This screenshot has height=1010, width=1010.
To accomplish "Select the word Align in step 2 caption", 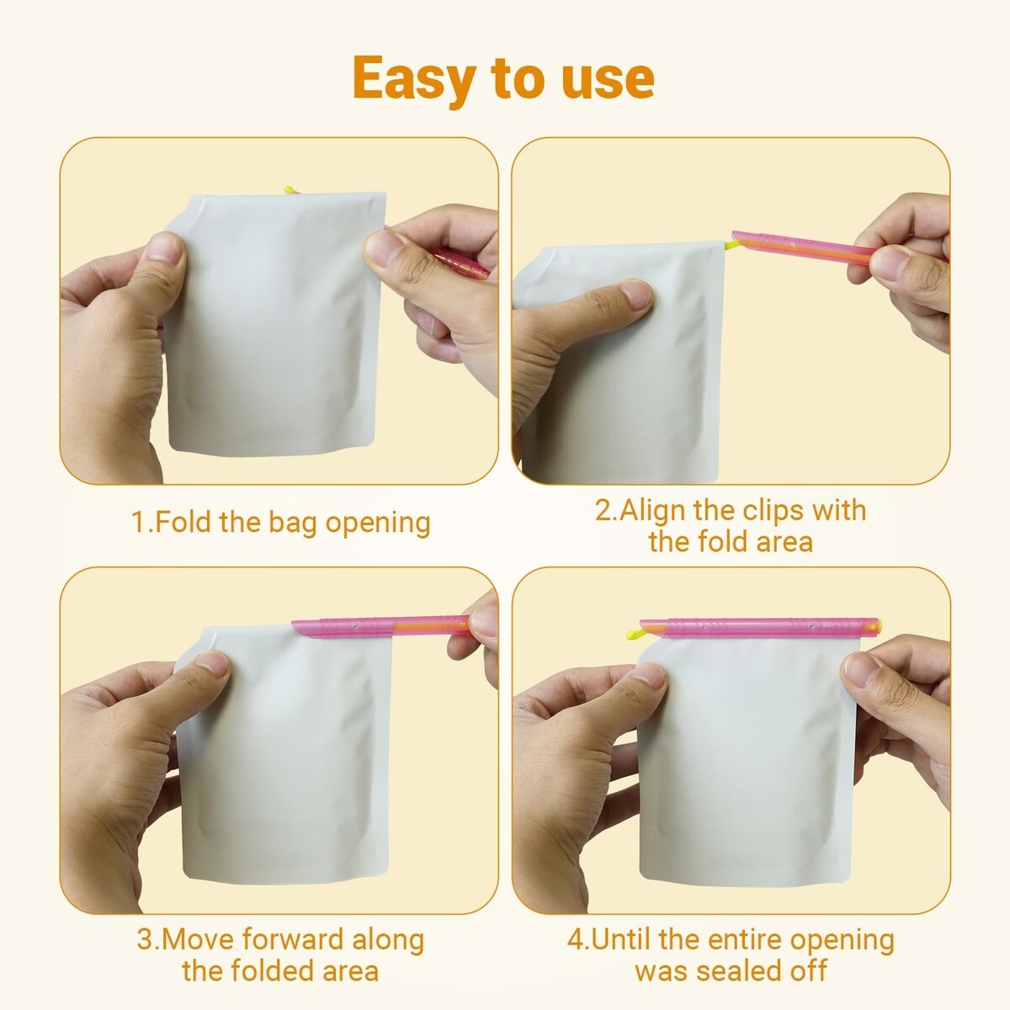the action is click(x=651, y=511).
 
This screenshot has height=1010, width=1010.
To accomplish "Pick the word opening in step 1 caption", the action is click(x=378, y=523).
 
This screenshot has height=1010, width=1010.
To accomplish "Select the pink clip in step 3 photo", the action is click(x=380, y=627).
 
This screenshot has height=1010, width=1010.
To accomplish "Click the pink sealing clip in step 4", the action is click(x=760, y=628).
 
